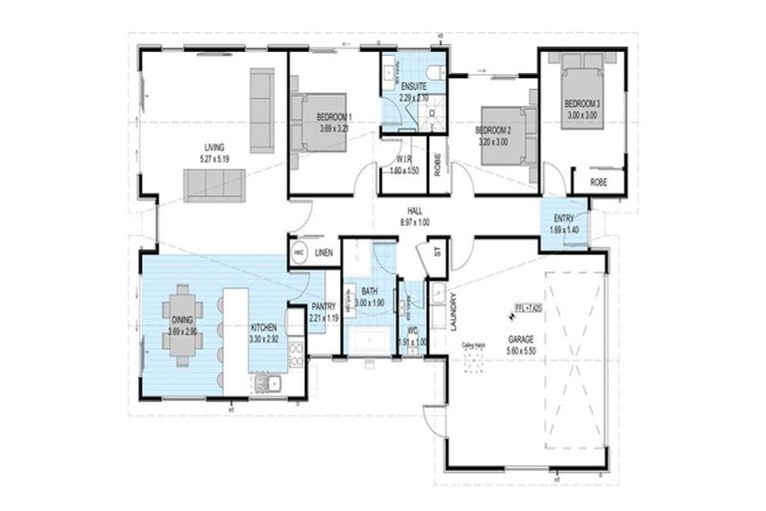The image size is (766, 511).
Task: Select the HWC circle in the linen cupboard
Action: tap(298, 255)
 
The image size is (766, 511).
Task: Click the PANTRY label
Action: tap(323, 307)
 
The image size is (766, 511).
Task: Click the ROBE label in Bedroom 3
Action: tap(598, 183)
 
